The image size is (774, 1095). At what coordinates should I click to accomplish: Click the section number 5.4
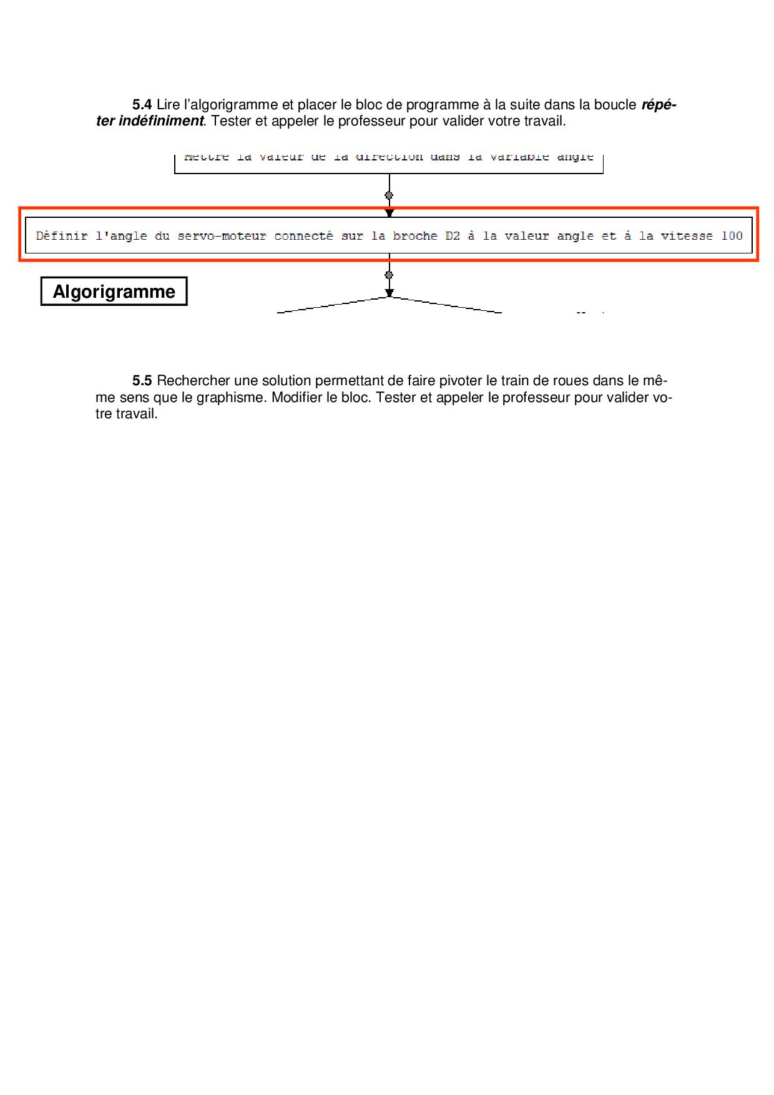pos(142,105)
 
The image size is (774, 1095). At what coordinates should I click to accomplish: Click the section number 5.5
pos(142,381)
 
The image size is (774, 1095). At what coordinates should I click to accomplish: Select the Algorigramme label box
pos(114,292)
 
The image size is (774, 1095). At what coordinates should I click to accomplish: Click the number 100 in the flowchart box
pos(732,236)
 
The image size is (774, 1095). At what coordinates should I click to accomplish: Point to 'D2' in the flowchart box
pos(453,236)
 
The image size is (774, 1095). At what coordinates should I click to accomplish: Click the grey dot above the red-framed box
pos(389,195)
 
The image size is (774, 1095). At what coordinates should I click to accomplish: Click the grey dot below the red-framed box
pos(389,275)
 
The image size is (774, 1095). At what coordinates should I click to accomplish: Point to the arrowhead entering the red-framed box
pos(389,214)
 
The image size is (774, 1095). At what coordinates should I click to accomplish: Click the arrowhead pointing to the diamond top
pos(389,293)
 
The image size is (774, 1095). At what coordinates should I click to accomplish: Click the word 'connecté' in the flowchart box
pos(303,236)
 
